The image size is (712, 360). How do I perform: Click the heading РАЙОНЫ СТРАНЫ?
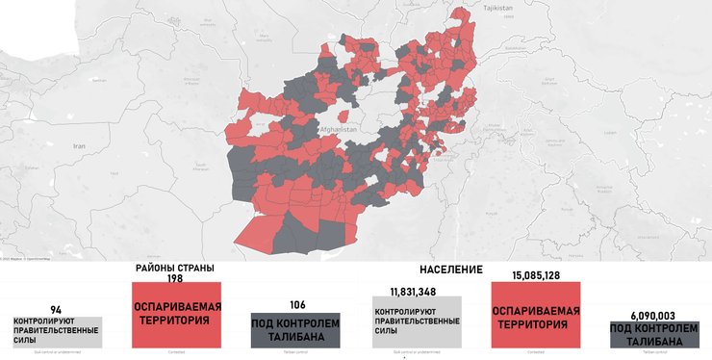click(174, 268)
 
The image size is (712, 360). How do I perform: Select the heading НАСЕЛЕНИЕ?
click(451, 270)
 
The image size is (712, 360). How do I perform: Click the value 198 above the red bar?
click(174, 278)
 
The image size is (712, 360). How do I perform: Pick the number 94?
click(55, 310)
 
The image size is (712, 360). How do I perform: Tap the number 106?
click(296, 304)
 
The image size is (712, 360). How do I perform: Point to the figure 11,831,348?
click(415, 291)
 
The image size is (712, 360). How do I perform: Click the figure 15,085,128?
click(535, 276)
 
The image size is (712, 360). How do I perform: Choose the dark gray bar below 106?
click(296, 330)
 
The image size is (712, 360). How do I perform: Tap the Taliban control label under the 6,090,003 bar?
click(654, 353)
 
